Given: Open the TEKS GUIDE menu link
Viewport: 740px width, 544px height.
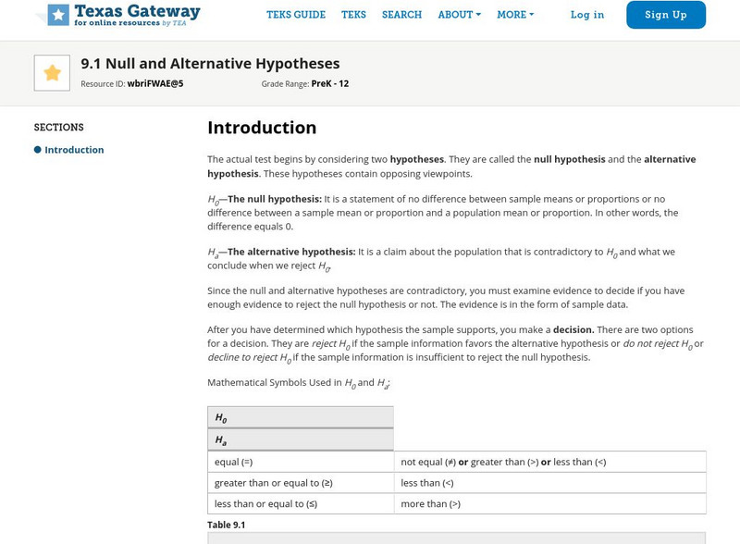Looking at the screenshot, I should (x=296, y=15).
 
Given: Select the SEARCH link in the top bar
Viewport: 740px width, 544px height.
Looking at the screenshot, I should (x=401, y=15).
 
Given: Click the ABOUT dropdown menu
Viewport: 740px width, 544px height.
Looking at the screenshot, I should (x=459, y=15).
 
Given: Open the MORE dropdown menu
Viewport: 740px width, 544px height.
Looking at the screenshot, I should (x=515, y=15).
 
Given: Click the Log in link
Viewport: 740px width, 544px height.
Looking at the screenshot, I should (x=587, y=15).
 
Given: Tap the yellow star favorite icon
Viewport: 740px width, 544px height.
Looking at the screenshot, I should (x=52, y=73).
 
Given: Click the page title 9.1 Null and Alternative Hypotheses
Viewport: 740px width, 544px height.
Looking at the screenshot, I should (x=210, y=64).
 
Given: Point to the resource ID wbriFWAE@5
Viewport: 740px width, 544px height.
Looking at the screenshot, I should (x=155, y=83).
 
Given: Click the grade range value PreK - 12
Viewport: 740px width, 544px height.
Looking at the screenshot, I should (x=330, y=83).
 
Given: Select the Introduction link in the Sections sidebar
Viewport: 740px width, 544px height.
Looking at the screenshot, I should (x=74, y=150).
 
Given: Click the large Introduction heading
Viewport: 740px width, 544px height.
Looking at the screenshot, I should (x=262, y=128).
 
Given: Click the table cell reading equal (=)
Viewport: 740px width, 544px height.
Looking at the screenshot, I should (x=234, y=462).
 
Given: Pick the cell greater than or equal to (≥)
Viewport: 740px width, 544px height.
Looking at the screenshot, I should (x=273, y=483).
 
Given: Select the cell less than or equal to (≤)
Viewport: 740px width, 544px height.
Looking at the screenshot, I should (x=265, y=504).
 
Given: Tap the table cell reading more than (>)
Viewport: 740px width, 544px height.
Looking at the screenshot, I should (x=430, y=504).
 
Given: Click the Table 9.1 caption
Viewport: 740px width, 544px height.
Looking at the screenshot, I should (x=226, y=525).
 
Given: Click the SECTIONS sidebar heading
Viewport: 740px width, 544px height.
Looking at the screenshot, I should (x=59, y=128).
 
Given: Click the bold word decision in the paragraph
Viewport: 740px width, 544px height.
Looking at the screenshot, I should (x=573, y=329).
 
